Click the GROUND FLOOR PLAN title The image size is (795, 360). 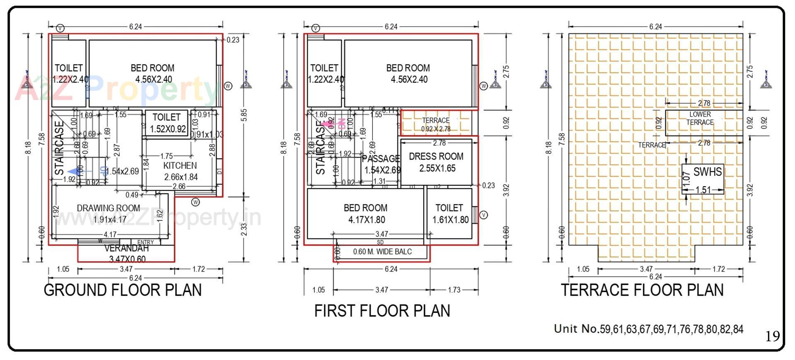(123, 290)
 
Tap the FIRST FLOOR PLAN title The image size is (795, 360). (382, 311)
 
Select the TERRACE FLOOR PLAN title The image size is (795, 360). (642, 290)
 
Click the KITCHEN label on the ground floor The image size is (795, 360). (180, 166)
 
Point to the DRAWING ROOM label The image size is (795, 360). (108, 208)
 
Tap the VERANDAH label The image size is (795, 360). (126, 249)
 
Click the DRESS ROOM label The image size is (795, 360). (436, 157)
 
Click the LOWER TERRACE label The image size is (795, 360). (700, 118)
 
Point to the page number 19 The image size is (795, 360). (772, 336)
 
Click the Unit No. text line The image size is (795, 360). (648, 329)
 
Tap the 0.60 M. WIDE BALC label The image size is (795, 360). (382, 251)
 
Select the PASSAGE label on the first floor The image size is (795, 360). (381, 159)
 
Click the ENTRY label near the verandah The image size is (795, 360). (145, 242)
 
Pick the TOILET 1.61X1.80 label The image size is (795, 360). (450, 213)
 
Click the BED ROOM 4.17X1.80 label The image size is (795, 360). (366, 213)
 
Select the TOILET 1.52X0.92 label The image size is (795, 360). (167, 123)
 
